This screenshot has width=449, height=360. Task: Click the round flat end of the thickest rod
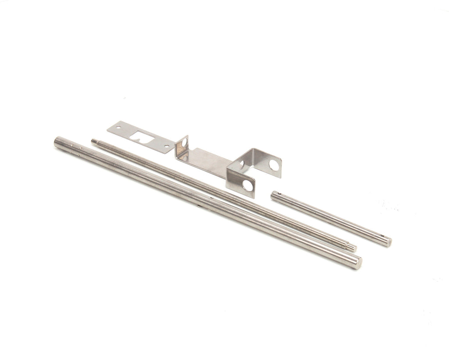(357, 262)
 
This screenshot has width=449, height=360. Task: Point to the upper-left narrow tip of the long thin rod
(94, 141)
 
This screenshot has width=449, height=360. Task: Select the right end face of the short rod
(387, 241)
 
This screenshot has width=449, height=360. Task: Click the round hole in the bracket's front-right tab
(249, 185)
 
